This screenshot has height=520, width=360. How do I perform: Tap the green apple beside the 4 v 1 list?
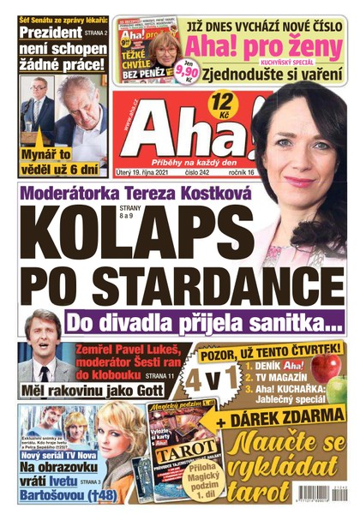[327, 369]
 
